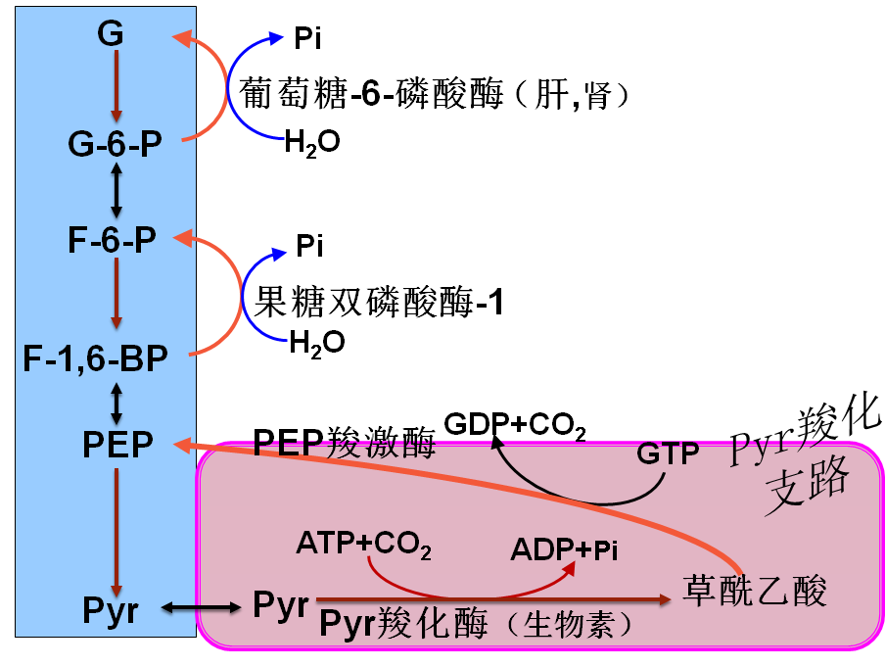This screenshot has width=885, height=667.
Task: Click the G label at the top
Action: pos(111,34)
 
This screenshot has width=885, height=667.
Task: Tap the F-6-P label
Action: pos(113,242)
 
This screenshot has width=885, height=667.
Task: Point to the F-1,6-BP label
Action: pos(96,358)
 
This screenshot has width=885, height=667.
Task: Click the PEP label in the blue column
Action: pos(117,445)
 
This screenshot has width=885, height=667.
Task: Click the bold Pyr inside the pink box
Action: pos(281,603)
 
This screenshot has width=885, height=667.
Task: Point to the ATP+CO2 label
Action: pos(363,544)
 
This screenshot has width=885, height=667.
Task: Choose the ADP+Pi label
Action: pos(564,550)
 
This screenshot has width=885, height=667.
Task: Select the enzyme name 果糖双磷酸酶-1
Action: pos(379,301)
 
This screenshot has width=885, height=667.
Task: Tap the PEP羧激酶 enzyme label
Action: pos(344,443)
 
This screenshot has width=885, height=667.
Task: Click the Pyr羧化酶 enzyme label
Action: pos(417,624)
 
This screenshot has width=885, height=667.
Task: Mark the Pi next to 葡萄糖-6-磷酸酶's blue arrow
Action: pos(307,39)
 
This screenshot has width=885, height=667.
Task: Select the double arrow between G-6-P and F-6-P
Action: pos(116,192)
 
